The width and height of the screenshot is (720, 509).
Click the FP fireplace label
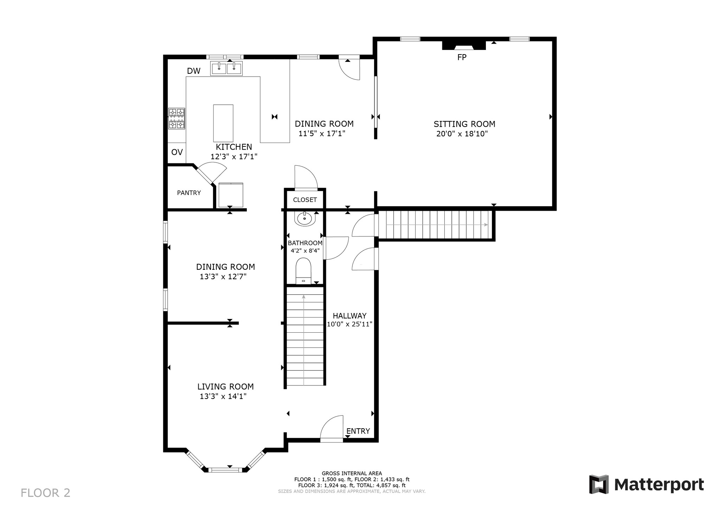tap(462, 57)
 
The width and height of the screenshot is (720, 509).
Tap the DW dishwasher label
tap(194, 71)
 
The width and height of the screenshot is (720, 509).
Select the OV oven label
tap(177, 152)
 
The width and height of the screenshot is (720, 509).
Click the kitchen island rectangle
tap(223, 123)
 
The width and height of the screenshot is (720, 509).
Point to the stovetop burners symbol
tap(176, 118)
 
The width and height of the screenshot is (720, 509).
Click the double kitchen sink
tap(226, 68)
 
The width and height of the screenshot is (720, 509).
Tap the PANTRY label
tap(189, 193)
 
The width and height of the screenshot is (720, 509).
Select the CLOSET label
tap(305, 200)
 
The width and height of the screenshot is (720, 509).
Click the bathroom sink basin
tap(304, 219)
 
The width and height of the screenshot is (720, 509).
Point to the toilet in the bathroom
tap(303, 270)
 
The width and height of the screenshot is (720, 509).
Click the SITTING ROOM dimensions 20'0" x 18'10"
tap(462, 134)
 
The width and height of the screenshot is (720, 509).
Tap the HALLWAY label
tap(349, 316)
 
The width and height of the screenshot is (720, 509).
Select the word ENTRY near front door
tap(358, 431)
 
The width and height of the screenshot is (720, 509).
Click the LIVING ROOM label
tap(225, 387)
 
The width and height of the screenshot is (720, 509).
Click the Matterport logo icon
tap(599, 484)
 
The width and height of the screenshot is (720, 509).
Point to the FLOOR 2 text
tap(45, 493)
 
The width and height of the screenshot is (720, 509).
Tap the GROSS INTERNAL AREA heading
tap(352, 474)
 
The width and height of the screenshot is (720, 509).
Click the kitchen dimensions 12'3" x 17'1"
tap(234, 157)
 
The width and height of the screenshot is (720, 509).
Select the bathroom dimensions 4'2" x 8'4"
tap(305, 251)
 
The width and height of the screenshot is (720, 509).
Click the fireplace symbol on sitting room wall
tap(464, 46)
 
